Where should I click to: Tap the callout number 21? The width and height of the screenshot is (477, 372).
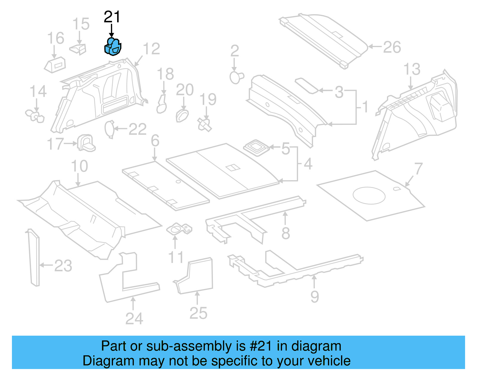click(x=112, y=17)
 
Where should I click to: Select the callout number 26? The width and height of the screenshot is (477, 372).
click(x=392, y=47)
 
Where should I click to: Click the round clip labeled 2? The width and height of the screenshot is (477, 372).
click(x=236, y=77)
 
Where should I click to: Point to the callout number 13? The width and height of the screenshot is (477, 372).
click(x=412, y=69)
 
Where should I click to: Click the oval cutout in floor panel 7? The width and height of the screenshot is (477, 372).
click(x=369, y=195)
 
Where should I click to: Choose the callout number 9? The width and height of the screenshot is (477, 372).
click(x=315, y=296)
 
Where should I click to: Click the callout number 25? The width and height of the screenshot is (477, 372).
click(x=198, y=313)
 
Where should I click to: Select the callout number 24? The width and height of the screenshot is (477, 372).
click(x=134, y=319)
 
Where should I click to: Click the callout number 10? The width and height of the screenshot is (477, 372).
click(x=79, y=166)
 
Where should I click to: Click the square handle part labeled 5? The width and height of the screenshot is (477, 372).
click(x=256, y=147)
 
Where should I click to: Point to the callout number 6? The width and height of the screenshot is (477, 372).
click(x=155, y=141)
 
